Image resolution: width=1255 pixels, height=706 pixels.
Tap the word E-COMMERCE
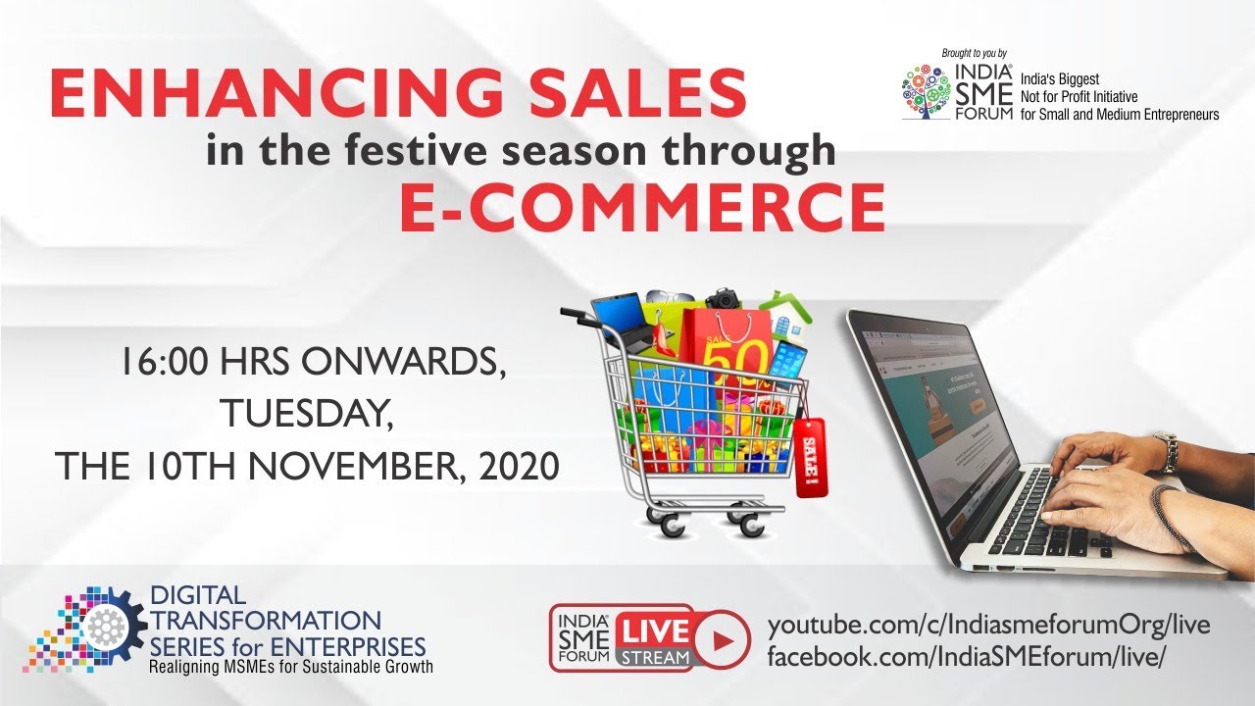(x=642, y=208)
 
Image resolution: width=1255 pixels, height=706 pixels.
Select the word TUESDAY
(x=306, y=414)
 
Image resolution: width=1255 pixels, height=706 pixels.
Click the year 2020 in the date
(x=519, y=466)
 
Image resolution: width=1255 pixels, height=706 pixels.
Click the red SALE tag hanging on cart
(x=812, y=456)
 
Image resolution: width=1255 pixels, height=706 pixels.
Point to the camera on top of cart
(x=724, y=299)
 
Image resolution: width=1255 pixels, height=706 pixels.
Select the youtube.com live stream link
(x=988, y=626)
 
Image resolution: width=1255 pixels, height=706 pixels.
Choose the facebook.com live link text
(x=966, y=656)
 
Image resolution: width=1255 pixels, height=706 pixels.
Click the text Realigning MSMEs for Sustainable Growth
(x=290, y=668)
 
